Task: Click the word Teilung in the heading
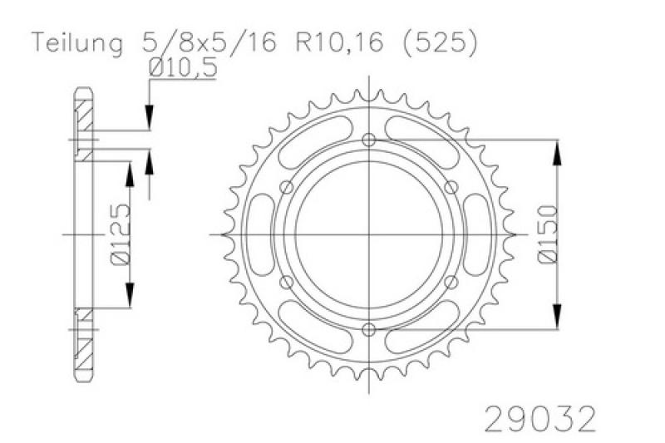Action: [x=77, y=43]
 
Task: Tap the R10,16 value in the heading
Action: [x=339, y=43]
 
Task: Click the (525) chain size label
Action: [x=439, y=43]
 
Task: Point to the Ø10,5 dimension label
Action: [x=183, y=67]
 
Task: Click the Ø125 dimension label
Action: [x=120, y=234]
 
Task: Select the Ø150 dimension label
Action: [x=548, y=234]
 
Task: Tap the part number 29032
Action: [x=540, y=419]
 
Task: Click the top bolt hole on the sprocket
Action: [x=369, y=140]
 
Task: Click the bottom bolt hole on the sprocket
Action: [x=369, y=329]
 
